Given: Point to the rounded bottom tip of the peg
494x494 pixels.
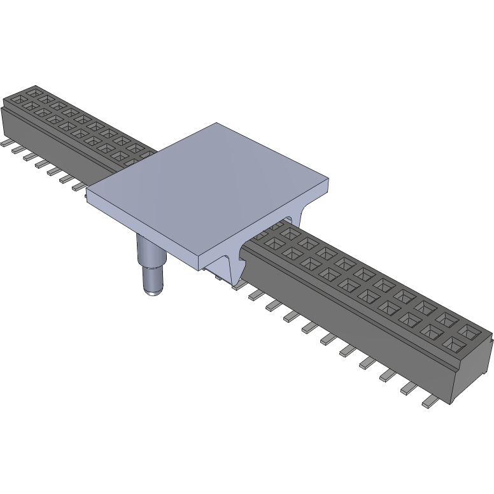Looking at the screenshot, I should click(153, 291).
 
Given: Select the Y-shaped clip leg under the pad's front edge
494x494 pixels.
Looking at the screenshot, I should click(231, 267).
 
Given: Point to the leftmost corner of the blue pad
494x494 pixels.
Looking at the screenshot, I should click(87, 191).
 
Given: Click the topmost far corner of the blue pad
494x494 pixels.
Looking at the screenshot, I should click(216, 123).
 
